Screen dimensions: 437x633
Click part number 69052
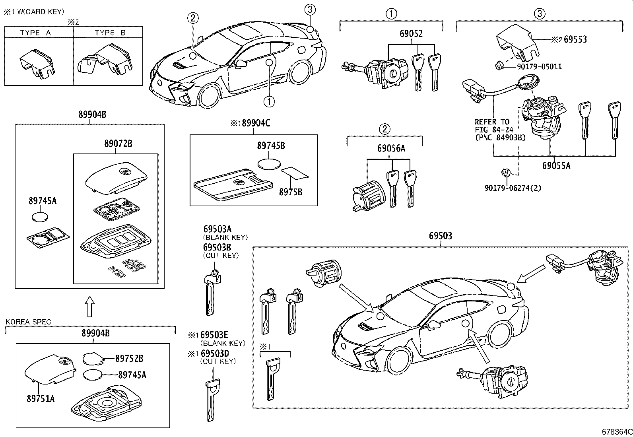(x=411, y=33)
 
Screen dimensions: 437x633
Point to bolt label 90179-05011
(x=539, y=66)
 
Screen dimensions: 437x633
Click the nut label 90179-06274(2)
(x=513, y=188)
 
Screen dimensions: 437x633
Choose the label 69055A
(x=556, y=165)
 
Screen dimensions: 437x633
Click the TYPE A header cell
(x=35, y=33)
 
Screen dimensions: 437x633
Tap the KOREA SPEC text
(x=28, y=322)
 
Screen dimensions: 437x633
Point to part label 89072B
(x=118, y=144)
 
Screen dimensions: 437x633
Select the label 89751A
(x=41, y=398)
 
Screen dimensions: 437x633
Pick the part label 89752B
(x=129, y=358)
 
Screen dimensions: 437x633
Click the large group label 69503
(x=440, y=236)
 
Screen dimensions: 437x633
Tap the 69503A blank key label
(x=217, y=229)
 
